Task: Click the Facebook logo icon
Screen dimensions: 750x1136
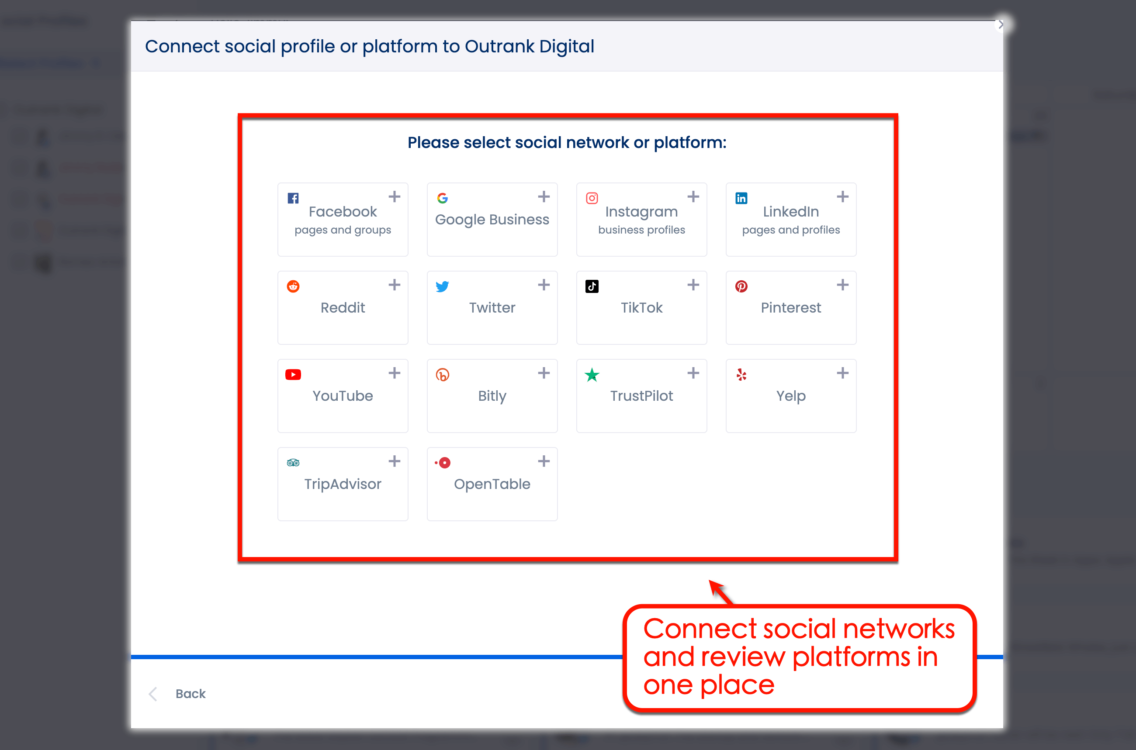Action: pyautogui.click(x=293, y=198)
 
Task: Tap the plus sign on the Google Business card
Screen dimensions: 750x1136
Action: pyautogui.click(x=544, y=196)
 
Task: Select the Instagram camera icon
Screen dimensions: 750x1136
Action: pyautogui.click(x=592, y=198)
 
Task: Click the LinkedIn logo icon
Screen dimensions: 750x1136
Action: pyautogui.click(x=741, y=198)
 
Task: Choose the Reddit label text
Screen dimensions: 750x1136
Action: pyautogui.click(x=343, y=308)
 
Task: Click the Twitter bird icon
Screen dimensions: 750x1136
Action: pyautogui.click(x=442, y=286)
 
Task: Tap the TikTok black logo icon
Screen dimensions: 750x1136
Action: pyautogui.click(x=592, y=286)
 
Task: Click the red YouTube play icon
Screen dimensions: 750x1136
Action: pyautogui.click(x=293, y=375)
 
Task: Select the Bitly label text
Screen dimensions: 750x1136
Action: pyautogui.click(x=492, y=396)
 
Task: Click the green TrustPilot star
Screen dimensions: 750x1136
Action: pyautogui.click(x=592, y=375)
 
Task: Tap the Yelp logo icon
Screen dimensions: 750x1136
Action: pyautogui.click(x=741, y=375)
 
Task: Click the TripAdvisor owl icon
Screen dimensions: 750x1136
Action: pyautogui.click(x=293, y=463)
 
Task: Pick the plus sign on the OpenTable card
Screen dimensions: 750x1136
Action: pyautogui.click(x=544, y=461)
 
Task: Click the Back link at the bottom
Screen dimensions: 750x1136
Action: pyautogui.click(x=190, y=694)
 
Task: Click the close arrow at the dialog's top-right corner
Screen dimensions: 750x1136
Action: pyautogui.click(x=1001, y=24)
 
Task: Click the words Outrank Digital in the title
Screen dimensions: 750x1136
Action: pyautogui.click(x=529, y=46)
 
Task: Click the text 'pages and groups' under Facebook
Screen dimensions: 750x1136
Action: pyautogui.click(x=343, y=230)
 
